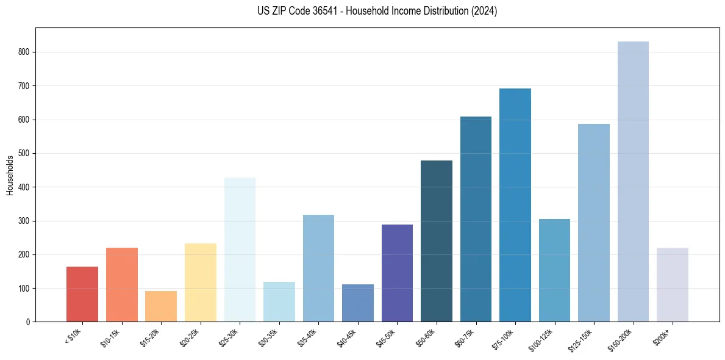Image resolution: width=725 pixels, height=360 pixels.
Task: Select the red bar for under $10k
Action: point(82,294)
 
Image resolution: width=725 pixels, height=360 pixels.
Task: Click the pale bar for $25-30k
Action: point(240,250)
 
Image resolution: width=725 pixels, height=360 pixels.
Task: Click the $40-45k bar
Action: point(358,303)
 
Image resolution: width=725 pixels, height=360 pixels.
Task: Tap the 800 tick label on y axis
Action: point(25,52)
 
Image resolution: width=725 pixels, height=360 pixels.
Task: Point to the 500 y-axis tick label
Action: point(25,154)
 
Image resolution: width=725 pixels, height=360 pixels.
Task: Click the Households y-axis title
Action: point(10,175)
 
